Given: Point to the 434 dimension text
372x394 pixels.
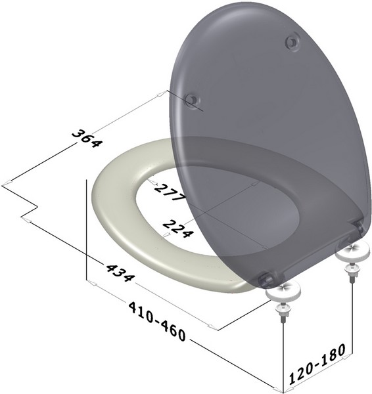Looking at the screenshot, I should point(116,271).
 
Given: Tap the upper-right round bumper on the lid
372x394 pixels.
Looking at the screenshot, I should point(291,43).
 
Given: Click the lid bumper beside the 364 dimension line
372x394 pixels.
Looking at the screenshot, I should point(191,100).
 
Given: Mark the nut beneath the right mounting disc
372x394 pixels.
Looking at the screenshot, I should point(352,273).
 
